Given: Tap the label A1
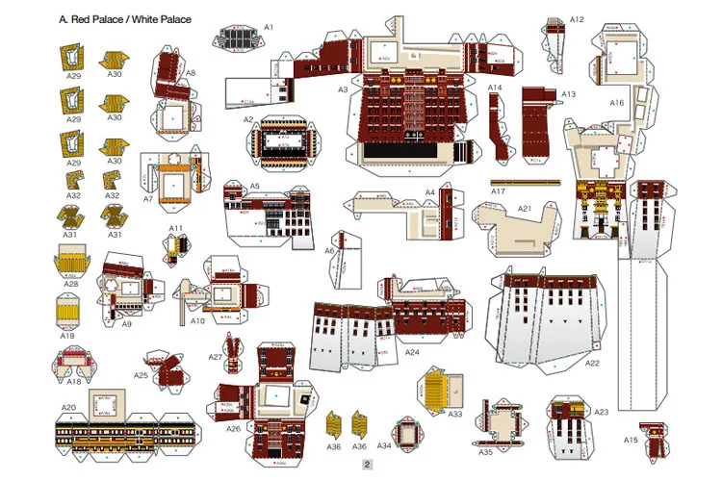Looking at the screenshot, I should tap(269, 27).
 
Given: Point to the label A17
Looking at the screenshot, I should tap(498, 191).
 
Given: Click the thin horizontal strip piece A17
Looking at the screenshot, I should tap(524, 182).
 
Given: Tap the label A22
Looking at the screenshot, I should tap(592, 363).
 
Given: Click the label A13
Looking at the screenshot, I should tap(568, 94).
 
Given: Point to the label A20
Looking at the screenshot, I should tap(68, 408).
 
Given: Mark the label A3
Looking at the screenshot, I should tap(342, 89).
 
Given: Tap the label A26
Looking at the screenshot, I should tap(233, 428).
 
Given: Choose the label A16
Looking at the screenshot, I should tap(616, 102).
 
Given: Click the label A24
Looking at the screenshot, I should tap(412, 353).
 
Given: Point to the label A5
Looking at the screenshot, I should tap(255, 186).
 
